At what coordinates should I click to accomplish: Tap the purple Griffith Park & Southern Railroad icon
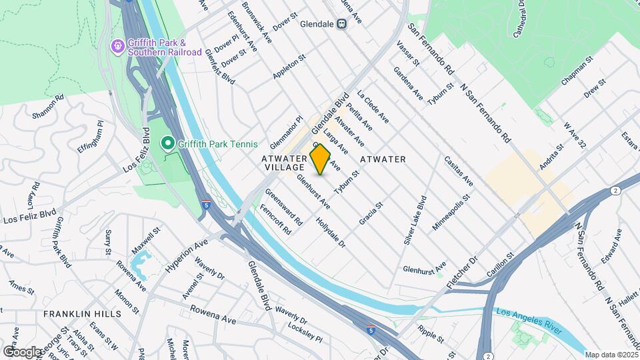(x=117, y=45)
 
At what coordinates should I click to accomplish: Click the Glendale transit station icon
(x=341, y=24)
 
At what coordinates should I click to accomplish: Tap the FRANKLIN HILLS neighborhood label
(x=83, y=313)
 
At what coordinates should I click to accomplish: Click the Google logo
(x=21, y=351)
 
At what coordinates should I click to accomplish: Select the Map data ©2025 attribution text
(x=611, y=355)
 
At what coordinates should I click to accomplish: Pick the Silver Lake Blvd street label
(x=415, y=221)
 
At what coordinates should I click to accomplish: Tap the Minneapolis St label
(x=451, y=213)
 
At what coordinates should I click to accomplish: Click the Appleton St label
(x=289, y=67)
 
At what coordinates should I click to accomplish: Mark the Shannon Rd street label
(x=47, y=106)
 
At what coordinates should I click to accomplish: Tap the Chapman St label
(x=577, y=72)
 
